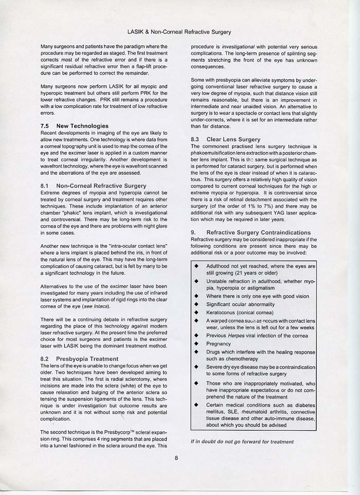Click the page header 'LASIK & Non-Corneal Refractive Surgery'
tap(180, 32)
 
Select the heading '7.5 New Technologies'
tap(74, 126)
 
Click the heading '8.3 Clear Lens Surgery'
tap(225, 139)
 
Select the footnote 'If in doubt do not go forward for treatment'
tap(242, 442)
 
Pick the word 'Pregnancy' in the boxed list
tap(219, 344)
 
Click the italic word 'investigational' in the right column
tap(240, 46)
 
